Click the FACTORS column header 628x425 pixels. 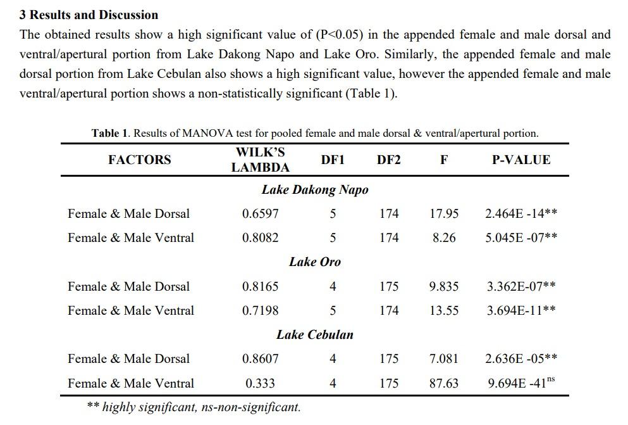(139, 160)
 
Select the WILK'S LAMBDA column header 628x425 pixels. (260, 160)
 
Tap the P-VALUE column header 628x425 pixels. (521, 160)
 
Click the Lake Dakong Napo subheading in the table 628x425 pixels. (314, 189)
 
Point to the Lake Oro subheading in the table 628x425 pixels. (314, 262)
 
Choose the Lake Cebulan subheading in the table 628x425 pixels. (314, 334)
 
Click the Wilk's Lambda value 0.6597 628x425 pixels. (260, 214)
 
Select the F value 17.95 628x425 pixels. (444, 214)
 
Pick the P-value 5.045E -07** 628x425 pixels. (521, 238)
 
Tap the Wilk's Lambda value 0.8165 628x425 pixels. (260, 286)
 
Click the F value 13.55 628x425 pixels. (444, 310)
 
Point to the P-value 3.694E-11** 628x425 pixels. (521, 310)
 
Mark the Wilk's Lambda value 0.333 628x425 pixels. (260, 383)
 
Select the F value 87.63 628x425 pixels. (444, 383)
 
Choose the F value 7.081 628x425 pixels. (444, 358)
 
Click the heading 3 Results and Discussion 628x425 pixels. (89, 15)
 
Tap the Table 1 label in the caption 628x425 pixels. (110, 133)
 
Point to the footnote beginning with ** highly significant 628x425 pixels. (194, 407)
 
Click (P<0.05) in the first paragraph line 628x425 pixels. (334, 34)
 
